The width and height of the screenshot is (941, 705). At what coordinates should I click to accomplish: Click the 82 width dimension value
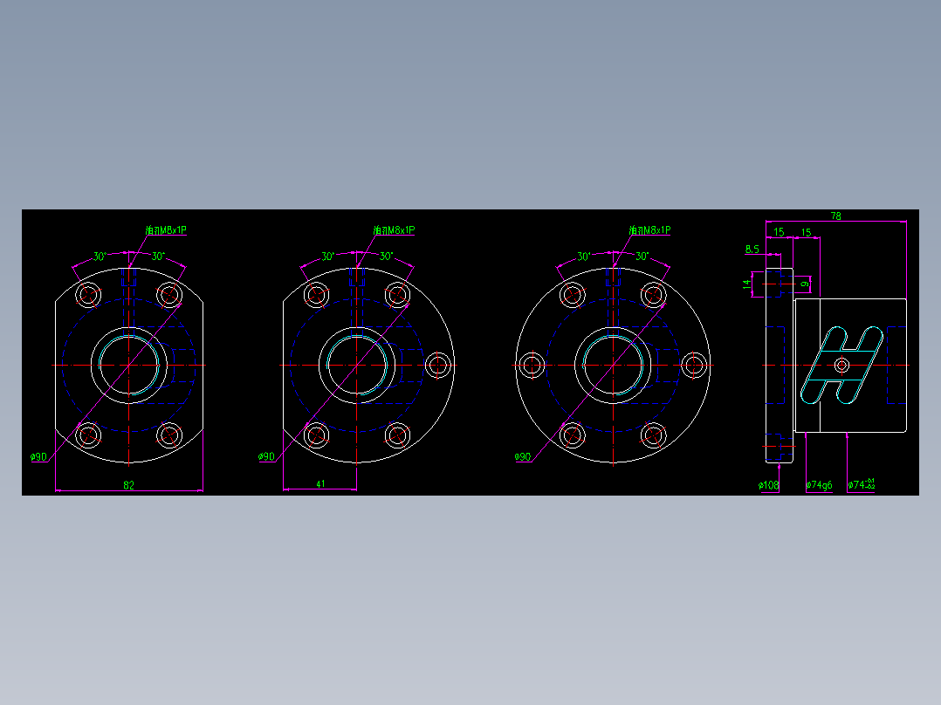pyautogui.click(x=129, y=484)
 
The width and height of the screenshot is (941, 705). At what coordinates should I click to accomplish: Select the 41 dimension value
pyautogui.click(x=320, y=484)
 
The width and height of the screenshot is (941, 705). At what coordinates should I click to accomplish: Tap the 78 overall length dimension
pyautogui.click(x=835, y=216)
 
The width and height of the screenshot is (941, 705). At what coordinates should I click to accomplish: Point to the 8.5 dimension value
pyautogui.click(x=752, y=250)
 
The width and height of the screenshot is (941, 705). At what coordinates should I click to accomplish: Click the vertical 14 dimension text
pyautogui.click(x=747, y=284)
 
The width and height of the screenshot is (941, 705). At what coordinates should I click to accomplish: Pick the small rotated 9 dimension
pyautogui.click(x=806, y=284)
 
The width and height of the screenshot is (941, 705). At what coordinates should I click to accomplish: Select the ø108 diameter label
pyautogui.click(x=768, y=484)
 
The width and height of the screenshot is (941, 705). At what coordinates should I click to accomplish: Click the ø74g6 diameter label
pyautogui.click(x=819, y=484)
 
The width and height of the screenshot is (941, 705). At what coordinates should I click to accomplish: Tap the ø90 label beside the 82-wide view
pyautogui.click(x=38, y=457)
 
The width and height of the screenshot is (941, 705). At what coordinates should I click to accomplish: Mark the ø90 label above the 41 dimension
pyautogui.click(x=266, y=457)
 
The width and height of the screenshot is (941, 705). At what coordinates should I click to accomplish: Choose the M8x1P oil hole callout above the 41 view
pyautogui.click(x=394, y=230)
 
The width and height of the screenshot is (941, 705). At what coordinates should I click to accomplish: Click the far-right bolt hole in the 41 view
pyautogui.click(x=438, y=365)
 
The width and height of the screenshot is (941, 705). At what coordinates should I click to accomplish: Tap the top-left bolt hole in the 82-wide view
pyautogui.click(x=88, y=294)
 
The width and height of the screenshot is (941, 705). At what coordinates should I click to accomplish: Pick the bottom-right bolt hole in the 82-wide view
pyautogui.click(x=169, y=434)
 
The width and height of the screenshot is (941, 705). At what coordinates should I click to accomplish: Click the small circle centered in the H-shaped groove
pyautogui.click(x=842, y=364)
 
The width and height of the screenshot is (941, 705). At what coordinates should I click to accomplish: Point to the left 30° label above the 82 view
pyautogui.click(x=100, y=257)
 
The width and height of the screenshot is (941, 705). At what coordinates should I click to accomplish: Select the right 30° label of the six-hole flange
pyautogui.click(x=642, y=257)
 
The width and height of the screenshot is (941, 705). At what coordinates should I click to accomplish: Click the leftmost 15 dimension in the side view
pyautogui.click(x=779, y=232)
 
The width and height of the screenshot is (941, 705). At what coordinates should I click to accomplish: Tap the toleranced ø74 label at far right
pyautogui.click(x=861, y=484)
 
